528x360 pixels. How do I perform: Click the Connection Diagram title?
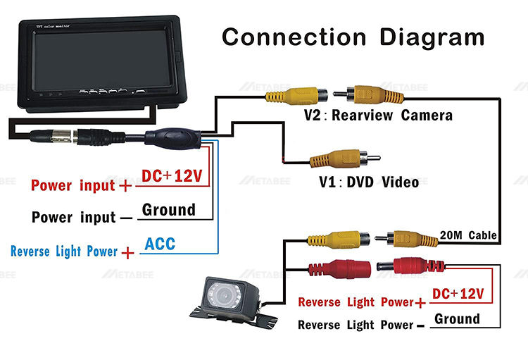pos(353,37)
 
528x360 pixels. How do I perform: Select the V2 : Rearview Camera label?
pos(378,115)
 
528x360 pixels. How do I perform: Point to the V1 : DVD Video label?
pos(368,182)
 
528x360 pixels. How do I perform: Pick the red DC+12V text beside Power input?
pos(172,176)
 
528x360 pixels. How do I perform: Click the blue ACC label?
pos(160,244)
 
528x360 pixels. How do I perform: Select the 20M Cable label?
pos(468,235)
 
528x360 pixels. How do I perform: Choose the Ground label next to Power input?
pos(169,209)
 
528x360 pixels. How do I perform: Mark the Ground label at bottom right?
pos(457,318)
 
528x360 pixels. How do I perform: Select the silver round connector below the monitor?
pos(77,136)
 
